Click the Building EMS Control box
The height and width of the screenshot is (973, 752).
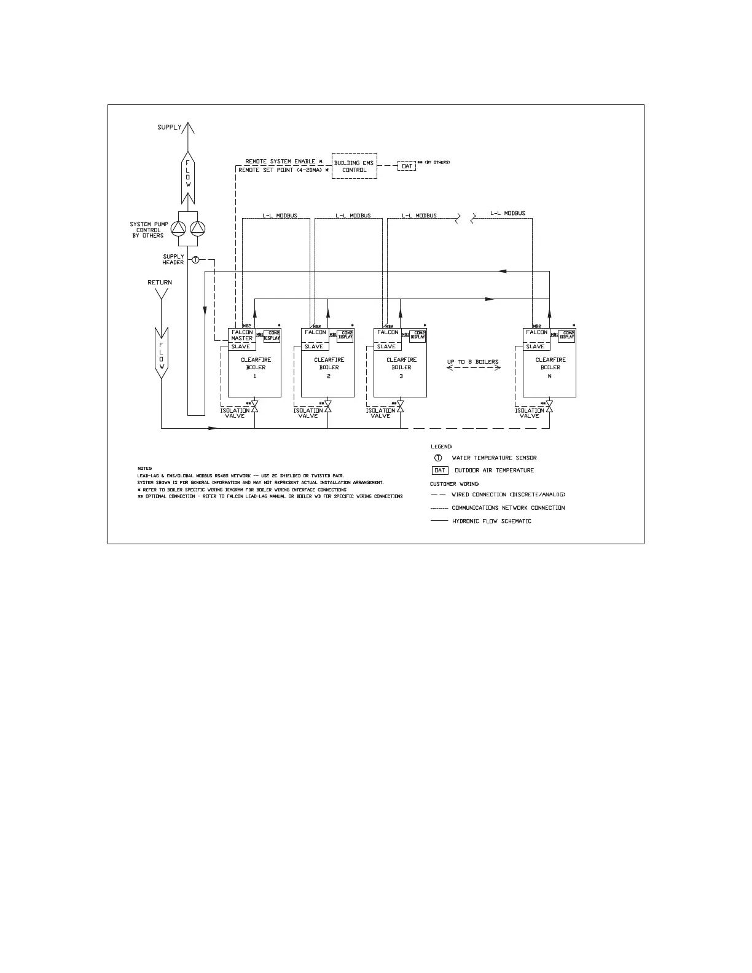coord(354,166)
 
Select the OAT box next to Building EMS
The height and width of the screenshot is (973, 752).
coord(407,166)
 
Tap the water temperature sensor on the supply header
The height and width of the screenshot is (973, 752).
coord(195,260)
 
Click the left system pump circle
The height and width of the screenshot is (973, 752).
coord(178,229)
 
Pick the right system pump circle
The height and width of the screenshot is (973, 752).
coord(197,229)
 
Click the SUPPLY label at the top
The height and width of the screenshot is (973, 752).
coord(170,127)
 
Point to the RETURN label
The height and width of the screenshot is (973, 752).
coord(160,283)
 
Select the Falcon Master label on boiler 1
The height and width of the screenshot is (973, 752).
coord(242,335)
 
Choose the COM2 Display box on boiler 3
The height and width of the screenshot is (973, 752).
coord(418,335)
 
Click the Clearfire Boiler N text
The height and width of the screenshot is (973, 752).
coord(550,367)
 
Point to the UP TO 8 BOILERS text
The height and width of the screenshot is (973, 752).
coord(473,362)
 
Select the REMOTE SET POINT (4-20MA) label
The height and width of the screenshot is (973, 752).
coord(280,170)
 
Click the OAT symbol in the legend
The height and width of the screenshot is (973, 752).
coord(440,471)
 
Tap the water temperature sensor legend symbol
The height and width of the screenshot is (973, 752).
coord(439,458)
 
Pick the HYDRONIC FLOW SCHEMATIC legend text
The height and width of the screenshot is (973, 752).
coord(492,521)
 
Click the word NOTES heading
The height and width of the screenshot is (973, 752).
coord(144,469)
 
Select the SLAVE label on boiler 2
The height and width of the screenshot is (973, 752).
coord(313,346)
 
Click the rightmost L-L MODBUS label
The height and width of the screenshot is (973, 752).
coord(507,214)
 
